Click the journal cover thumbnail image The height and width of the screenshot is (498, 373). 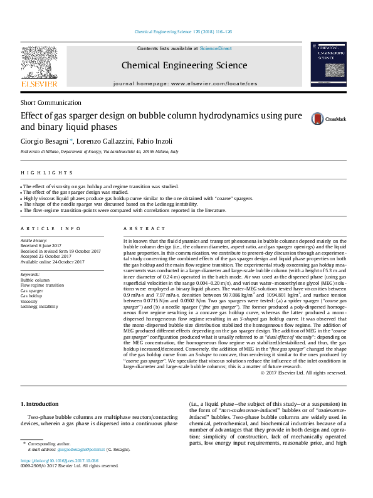click(328, 65)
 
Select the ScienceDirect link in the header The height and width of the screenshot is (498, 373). click(216, 48)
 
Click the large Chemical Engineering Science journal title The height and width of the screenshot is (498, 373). click(184, 65)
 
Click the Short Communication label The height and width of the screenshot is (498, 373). click(51, 102)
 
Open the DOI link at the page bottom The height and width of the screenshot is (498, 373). click(60, 460)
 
